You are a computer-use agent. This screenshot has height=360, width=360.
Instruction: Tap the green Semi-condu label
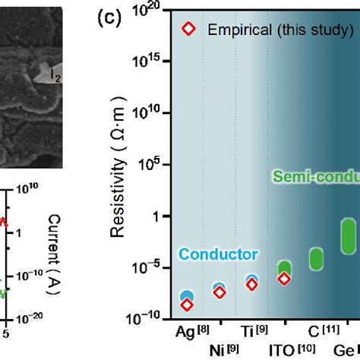coord(312,177)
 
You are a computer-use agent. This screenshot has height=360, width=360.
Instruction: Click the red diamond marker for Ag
coord(187,305)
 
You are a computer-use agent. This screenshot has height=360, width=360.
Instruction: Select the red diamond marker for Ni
coord(219,292)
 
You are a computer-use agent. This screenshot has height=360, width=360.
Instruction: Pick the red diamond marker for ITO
coord(283,279)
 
